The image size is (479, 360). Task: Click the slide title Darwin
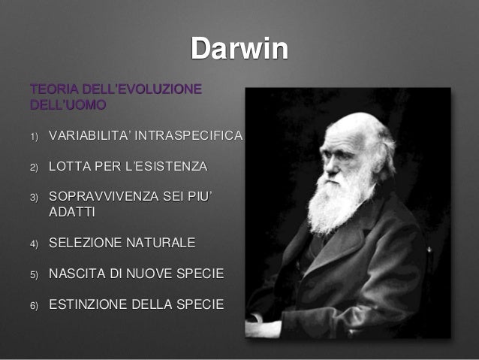(239, 49)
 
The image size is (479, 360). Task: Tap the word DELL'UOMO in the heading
(67, 104)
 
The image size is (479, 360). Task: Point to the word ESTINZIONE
(92, 304)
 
